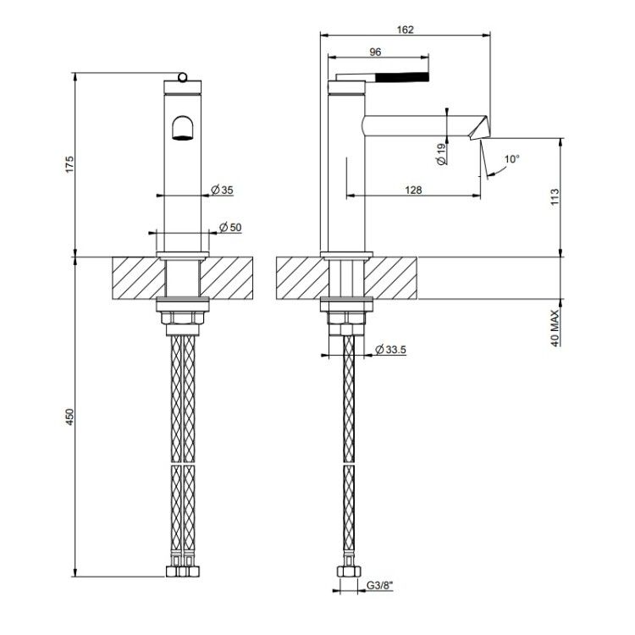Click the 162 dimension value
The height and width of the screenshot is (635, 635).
click(405, 30)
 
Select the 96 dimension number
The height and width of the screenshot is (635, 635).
click(375, 52)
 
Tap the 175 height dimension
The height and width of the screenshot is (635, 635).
click(70, 164)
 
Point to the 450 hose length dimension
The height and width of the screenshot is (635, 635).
click(70, 417)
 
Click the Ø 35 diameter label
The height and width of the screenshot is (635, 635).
click(223, 190)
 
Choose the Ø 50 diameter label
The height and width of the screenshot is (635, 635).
click(230, 227)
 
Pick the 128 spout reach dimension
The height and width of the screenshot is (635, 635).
click(413, 190)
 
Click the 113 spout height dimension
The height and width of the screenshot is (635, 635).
click(555, 196)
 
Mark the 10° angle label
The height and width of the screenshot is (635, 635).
click(512, 159)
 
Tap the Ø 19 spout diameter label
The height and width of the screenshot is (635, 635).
click(441, 154)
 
